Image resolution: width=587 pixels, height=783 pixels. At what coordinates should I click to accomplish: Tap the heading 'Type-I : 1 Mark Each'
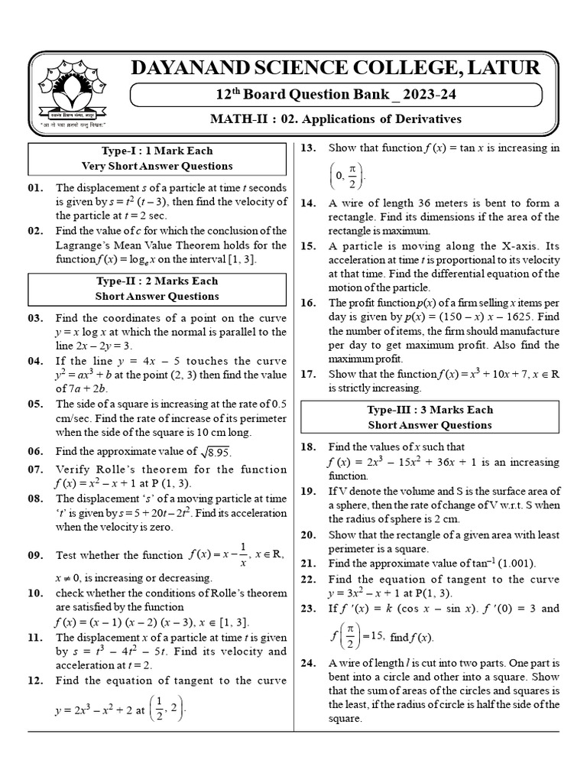click(157, 151)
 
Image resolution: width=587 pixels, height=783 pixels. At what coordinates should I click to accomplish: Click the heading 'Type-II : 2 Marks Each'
click(157, 281)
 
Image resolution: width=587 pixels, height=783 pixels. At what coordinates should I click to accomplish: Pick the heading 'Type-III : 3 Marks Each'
click(430, 410)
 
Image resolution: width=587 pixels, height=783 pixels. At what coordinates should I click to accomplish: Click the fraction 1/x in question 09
click(242, 556)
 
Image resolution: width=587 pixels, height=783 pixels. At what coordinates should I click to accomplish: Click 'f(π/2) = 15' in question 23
click(357, 635)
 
